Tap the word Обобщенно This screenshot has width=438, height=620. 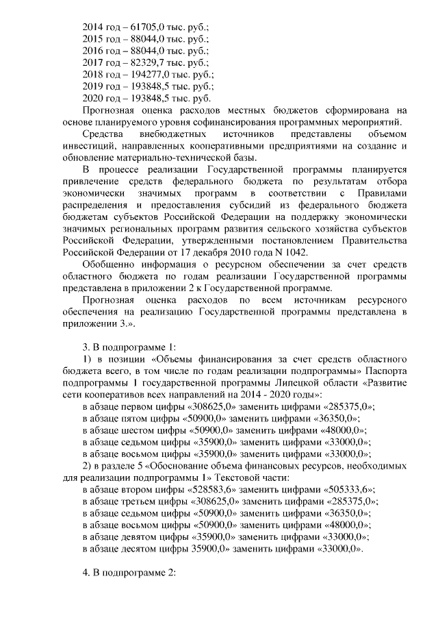click(107, 264)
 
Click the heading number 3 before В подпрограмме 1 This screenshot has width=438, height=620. click(84, 347)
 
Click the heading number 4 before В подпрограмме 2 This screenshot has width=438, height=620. click(84, 572)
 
